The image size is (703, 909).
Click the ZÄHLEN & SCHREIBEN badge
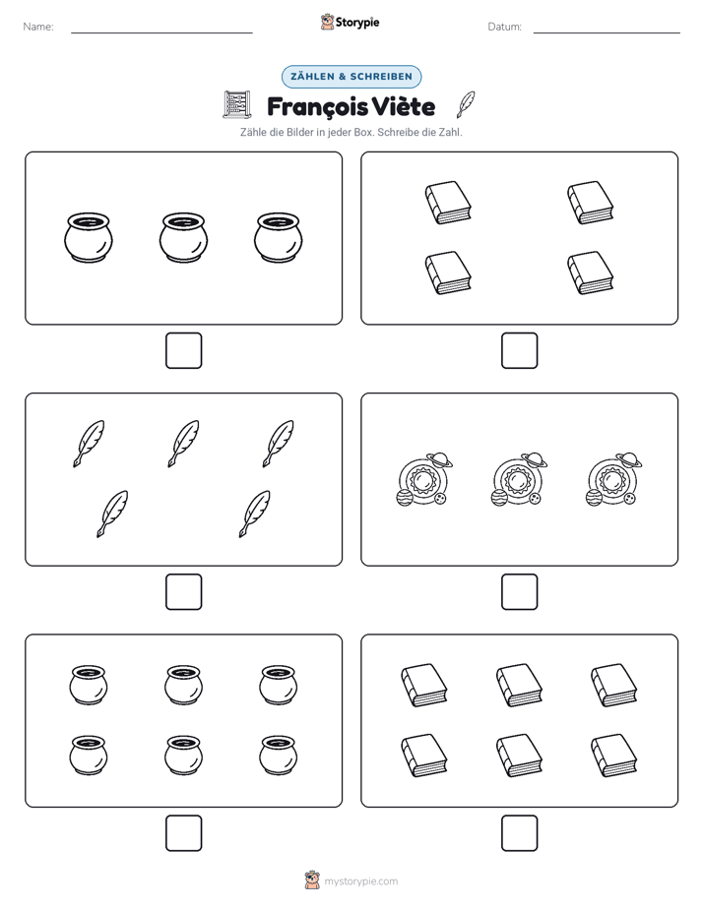pos(351,77)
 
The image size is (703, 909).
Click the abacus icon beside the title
pos(237,105)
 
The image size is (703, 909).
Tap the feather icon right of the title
pos(466,104)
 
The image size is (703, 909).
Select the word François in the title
pos(317,106)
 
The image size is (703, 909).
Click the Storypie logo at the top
pos(351,22)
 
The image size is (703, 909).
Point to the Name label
pos(38,27)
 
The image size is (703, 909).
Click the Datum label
pos(505,27)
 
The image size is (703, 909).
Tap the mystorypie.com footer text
pos(360,881)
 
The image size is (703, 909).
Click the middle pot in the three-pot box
pos(183,238)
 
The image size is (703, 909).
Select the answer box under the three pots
pos(184,351)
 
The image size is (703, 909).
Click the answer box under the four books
pos(520,351)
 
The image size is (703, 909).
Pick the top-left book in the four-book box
pos(448,203)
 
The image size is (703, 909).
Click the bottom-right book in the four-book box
pos(590,273)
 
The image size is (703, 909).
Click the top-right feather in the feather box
pos(278,444)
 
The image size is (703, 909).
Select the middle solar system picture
pos(519,479)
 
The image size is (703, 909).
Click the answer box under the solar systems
pos(520,592)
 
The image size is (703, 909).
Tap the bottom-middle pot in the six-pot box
pos(183,756)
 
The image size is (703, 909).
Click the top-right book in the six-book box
pos(613,686)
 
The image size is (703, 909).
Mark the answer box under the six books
pos(520,833)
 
